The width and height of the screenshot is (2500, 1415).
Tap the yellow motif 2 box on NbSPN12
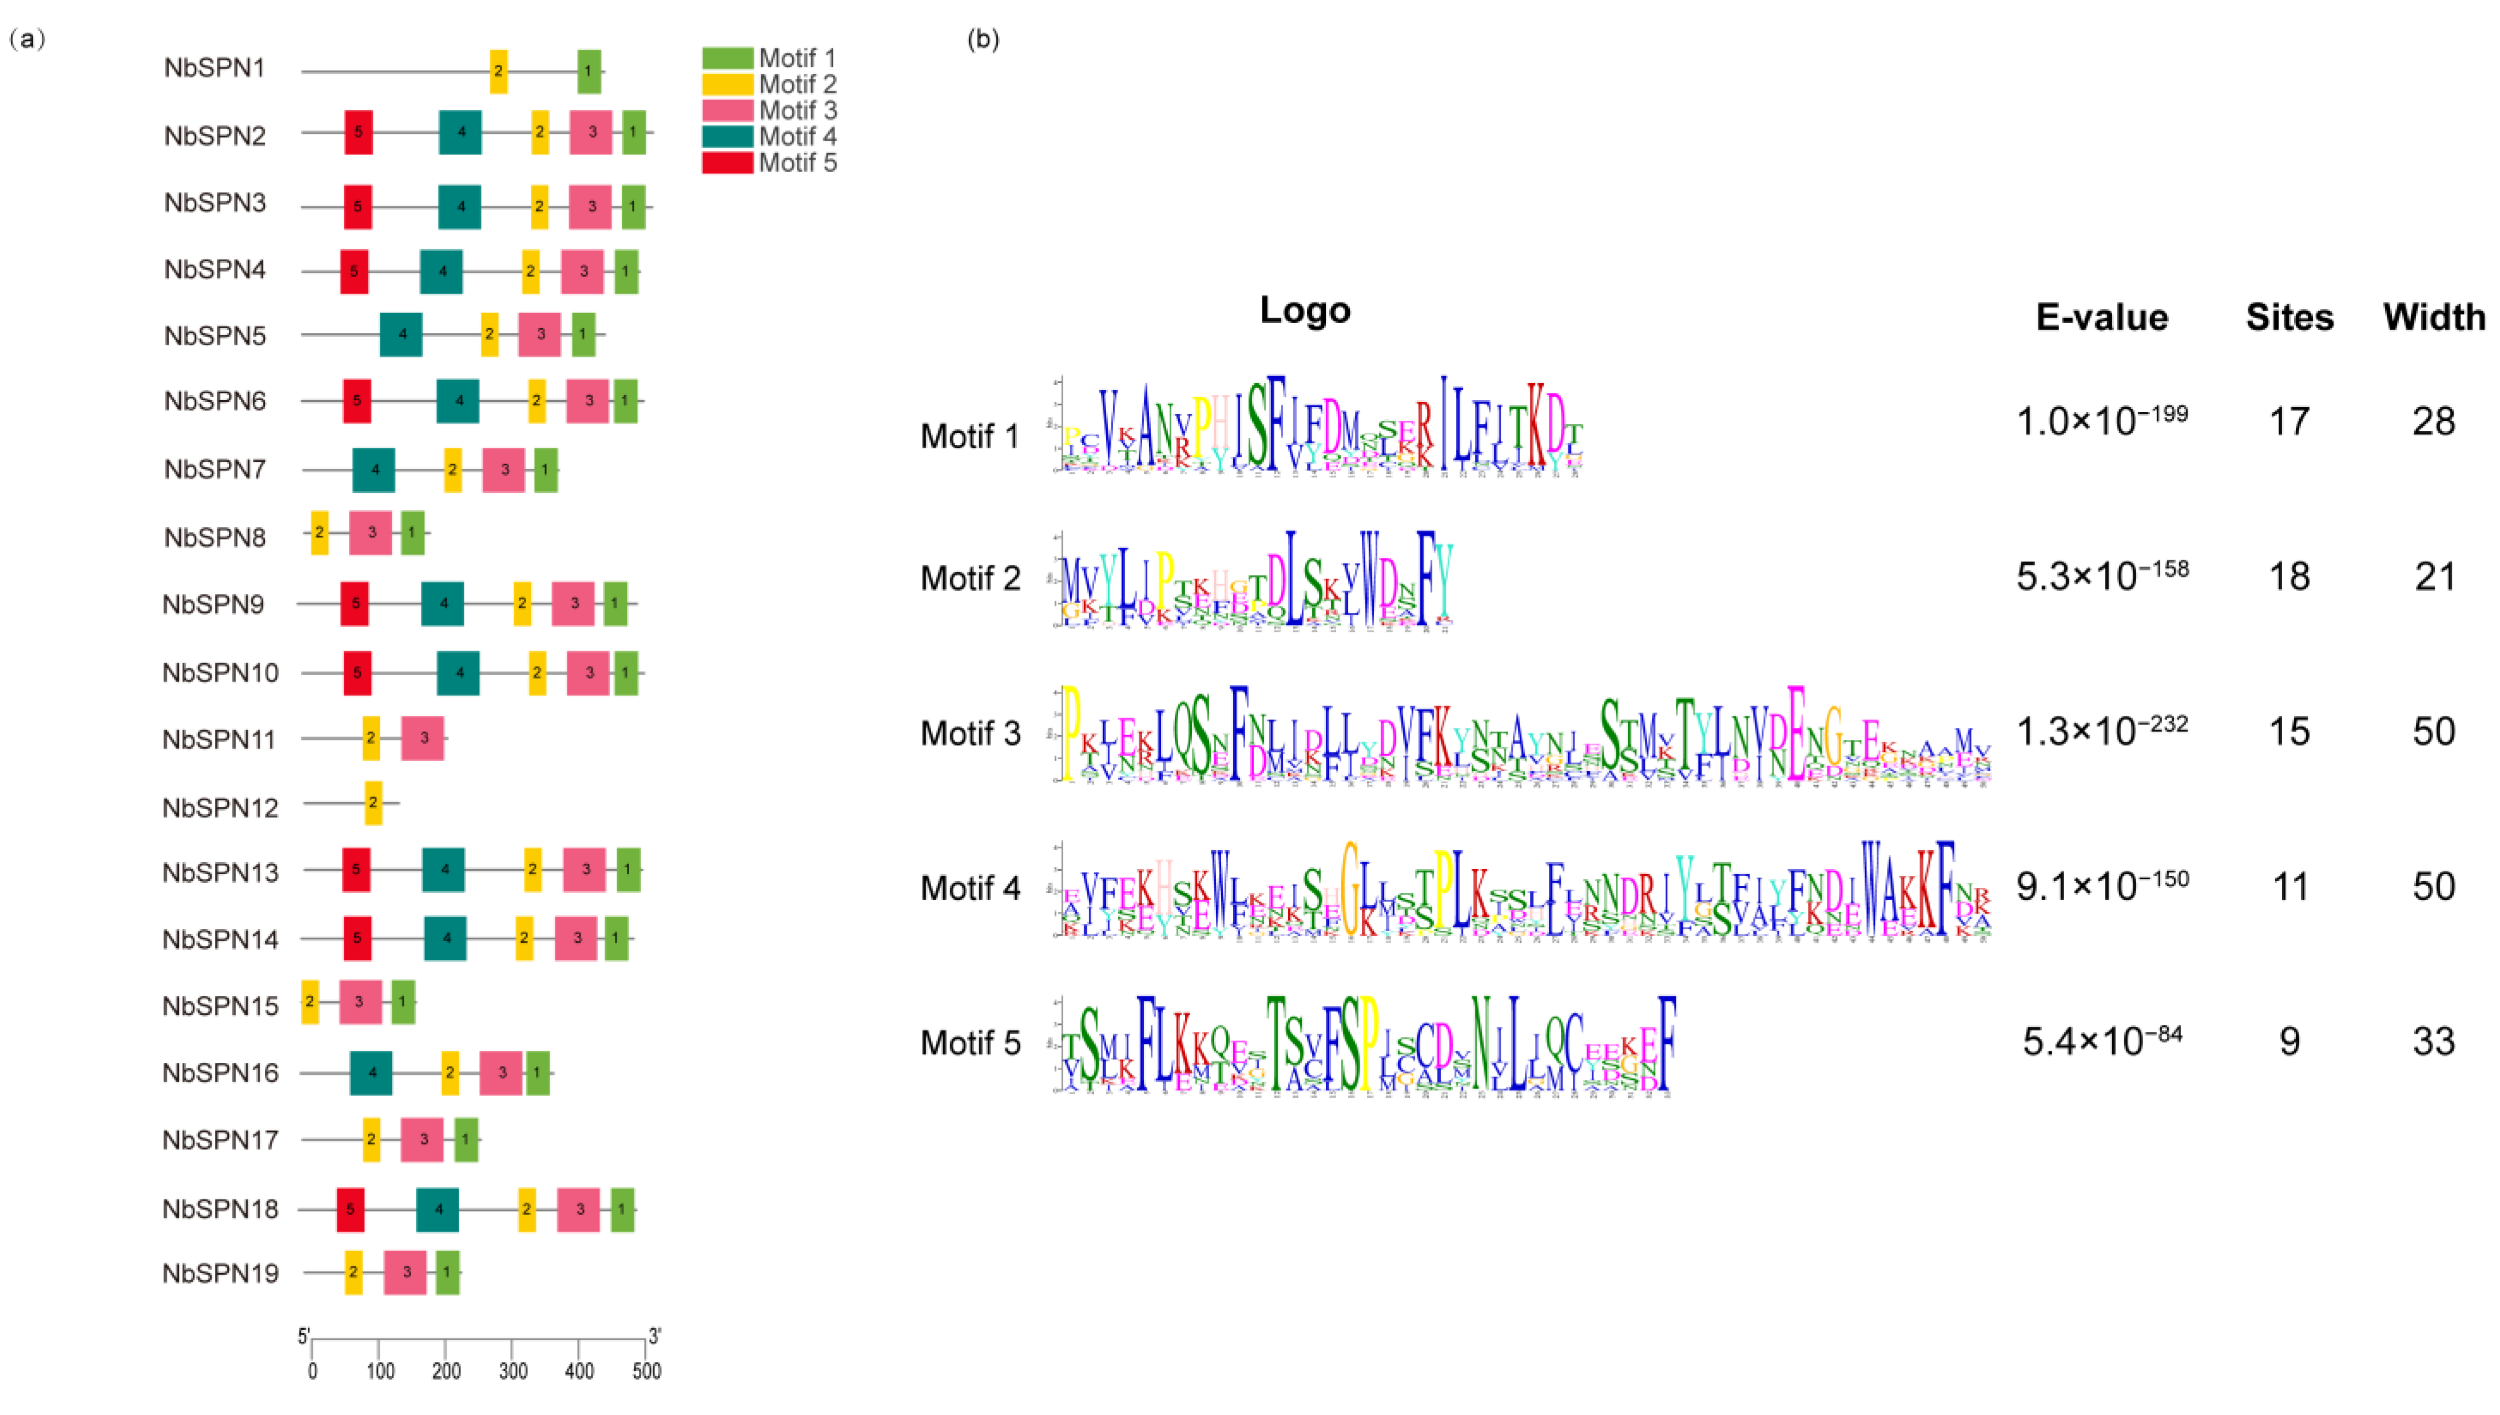(373, 803)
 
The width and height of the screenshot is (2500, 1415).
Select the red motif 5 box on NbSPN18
(351, 1210)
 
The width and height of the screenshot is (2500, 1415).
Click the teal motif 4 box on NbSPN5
(402, 334)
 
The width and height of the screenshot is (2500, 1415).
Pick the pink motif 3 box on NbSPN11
(423, 739)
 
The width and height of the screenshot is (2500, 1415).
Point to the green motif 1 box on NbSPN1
(588, 71)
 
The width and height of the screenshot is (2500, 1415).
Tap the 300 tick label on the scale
(513, 1372)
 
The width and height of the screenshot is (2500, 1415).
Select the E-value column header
(2101, 318)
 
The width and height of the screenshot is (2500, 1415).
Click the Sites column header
(2289, 318)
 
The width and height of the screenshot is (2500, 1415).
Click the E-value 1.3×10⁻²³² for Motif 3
(2101, 731)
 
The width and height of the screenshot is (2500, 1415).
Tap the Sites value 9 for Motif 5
(2289, 1042)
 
